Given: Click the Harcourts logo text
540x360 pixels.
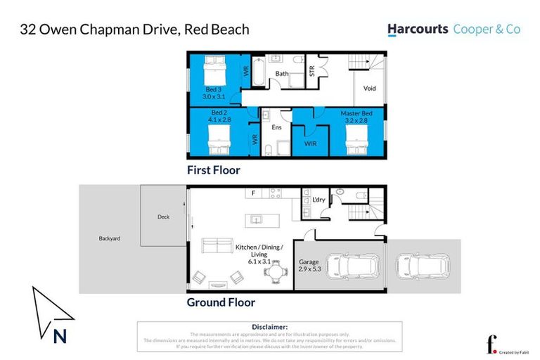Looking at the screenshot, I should (418, 30).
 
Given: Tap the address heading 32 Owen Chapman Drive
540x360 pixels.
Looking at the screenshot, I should (134, 30).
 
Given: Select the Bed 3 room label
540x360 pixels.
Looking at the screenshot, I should (214, 90).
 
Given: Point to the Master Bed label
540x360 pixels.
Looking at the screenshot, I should (355, 113).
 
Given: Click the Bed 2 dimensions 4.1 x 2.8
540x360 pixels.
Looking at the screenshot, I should (219, 120).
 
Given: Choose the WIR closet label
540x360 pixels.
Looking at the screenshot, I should (309, 143).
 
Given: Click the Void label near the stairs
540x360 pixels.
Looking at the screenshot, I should (370, 89).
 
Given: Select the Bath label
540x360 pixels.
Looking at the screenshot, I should (281, 73).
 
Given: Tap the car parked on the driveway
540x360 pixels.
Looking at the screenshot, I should (423, 266).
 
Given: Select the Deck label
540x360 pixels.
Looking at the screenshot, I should (163, 217).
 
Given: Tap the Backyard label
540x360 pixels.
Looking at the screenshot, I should (110, 238).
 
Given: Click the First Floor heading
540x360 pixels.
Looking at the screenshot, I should (213, 170).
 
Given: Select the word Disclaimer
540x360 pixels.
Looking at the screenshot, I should (269, 327).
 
